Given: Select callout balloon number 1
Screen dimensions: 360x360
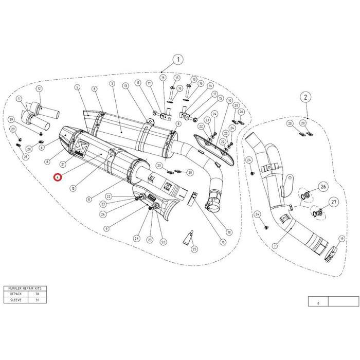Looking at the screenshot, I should (178, 59).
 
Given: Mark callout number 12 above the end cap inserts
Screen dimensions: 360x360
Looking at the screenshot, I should (39, 88).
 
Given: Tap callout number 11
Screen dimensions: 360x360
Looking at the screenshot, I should (20, 98).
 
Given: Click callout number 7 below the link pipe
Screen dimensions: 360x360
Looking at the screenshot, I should (275, 246).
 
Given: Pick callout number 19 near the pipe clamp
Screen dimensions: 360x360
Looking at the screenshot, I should (341, 239).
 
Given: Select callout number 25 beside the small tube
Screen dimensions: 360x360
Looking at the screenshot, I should (194, 249).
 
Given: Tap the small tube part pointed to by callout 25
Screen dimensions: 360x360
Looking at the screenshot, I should (188, 238).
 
